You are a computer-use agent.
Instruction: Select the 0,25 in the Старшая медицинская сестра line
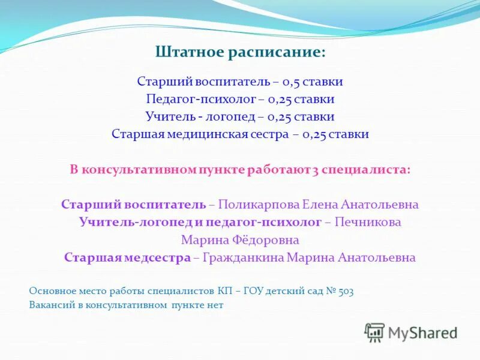[x=315, y=134]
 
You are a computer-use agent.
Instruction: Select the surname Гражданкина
[x=243, y=257]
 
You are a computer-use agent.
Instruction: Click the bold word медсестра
[x=158, y=257]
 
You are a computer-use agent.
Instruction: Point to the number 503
[x=346, y=292]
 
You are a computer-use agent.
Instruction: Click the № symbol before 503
[x=331, y=292]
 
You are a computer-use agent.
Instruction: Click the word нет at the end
[x=216, y=305]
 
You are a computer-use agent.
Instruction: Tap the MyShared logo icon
[x=374, y=332]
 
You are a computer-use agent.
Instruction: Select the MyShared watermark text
[x=422, y=332]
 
